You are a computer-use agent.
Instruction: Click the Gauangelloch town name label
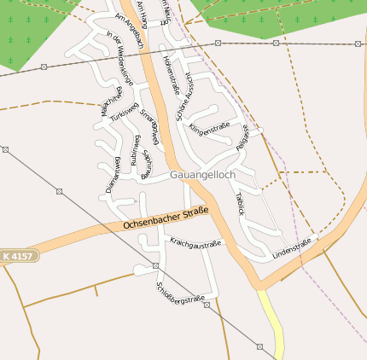point(202,174)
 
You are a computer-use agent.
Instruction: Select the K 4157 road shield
point(19,256)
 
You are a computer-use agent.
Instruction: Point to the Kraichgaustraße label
point(195,244)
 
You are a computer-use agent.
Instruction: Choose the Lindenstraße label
point(292,249)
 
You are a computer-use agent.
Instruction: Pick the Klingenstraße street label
point(211,130)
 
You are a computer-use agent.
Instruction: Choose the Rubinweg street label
point(135,150)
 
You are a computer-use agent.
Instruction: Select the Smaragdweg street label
point(150,125)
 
